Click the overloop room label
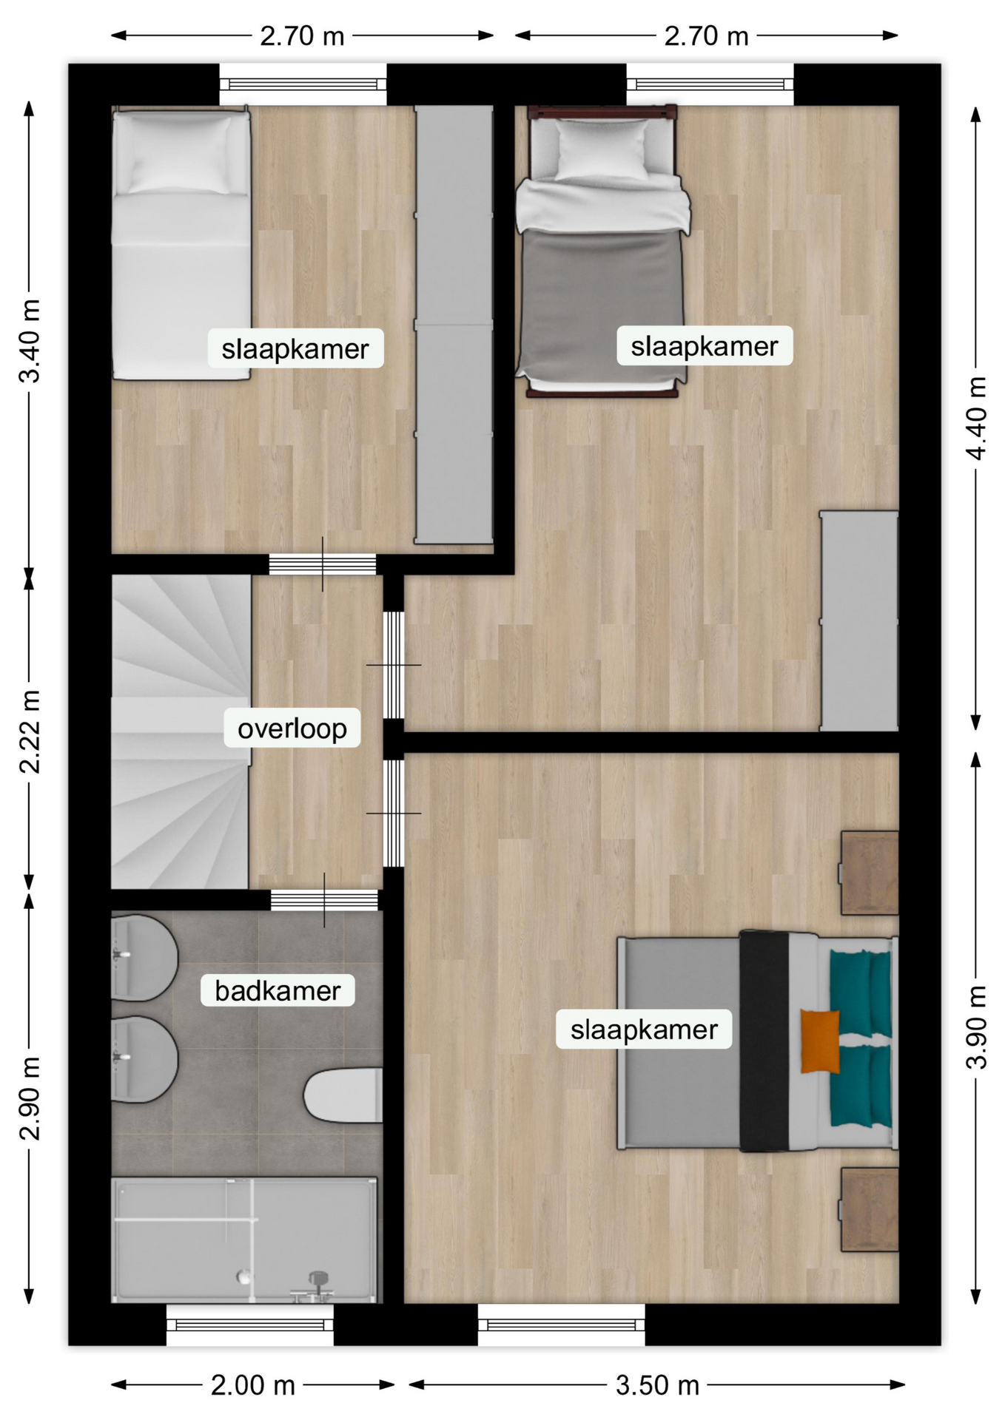[292, 728]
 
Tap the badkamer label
[278, 990]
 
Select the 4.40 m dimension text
[977, 417]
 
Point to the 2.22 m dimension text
[29, 731]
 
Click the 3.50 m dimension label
[657, 1384]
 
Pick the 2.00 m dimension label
[253, 1384]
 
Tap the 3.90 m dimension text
[977, 1027]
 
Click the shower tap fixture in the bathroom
[317, 1288]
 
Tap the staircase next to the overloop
[181, 732]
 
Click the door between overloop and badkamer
[324, 900]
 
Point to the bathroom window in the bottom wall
[250, 1325]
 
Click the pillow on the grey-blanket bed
[602, 149]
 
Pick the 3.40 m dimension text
[29, 341]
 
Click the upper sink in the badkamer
[144, 958]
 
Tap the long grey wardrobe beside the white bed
[454, 325]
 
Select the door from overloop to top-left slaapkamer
[322, 564]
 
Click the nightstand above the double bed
[869, 873]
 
